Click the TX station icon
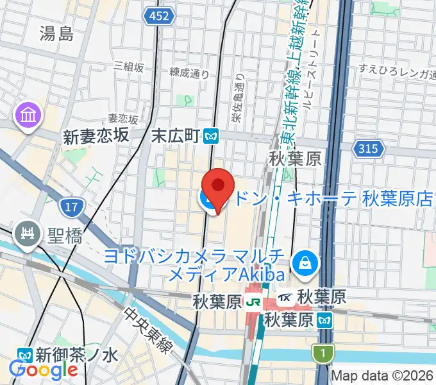click(x=287, y=298)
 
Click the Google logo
click(x=43, y=370)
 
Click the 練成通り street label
click(x=189, y=74)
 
